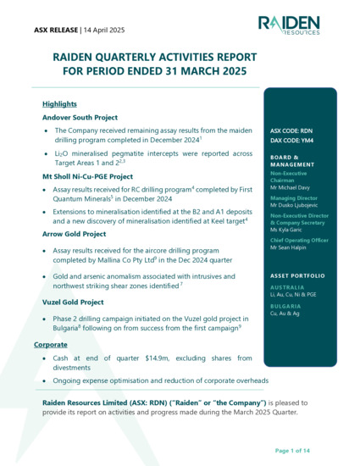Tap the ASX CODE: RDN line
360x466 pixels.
[x=292, y=131]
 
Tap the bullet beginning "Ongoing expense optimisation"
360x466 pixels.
[x=161, y=380]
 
